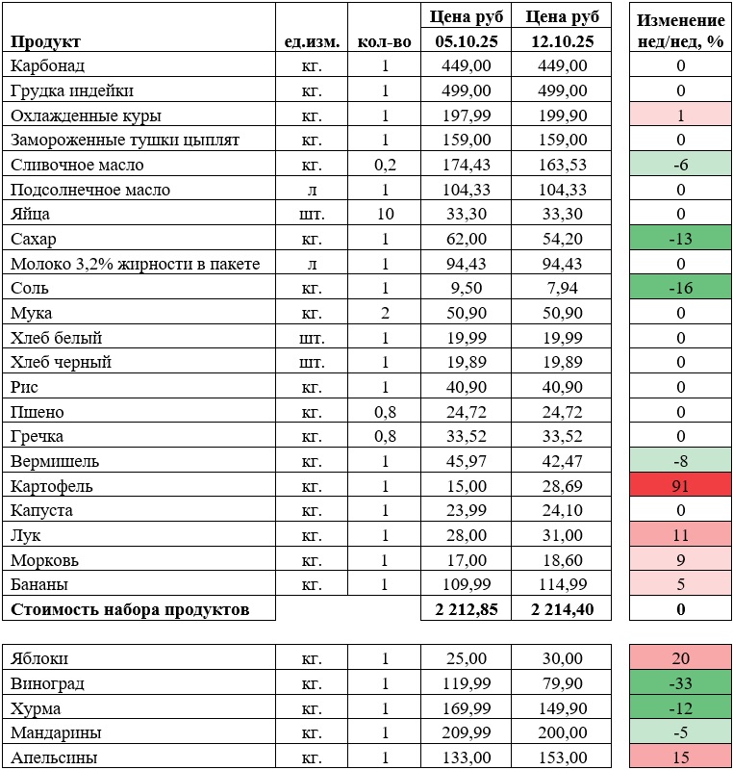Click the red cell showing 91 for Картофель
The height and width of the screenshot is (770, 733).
[680, 485]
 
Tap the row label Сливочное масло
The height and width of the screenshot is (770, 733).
[76, 166]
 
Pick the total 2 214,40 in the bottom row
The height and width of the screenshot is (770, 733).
[562, 609]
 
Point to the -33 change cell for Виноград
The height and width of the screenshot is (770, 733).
[680, 683]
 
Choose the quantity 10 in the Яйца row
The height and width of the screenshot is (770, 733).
[385, 215]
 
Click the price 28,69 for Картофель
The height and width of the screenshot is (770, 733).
[562, 485]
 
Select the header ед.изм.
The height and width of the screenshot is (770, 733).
[310, 41]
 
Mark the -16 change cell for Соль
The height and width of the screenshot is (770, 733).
[680, 289]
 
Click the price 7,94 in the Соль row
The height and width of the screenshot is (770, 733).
[562, 289]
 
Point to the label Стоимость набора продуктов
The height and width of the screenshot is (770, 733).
[130, 609]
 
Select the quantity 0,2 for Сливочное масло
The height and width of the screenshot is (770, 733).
[385, 166]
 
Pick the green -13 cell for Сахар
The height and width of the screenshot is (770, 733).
[680, 240]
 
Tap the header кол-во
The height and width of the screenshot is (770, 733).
[384, 41]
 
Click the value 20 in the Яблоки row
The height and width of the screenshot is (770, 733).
[680, 658]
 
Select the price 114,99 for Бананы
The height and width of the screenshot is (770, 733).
[562, 584]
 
